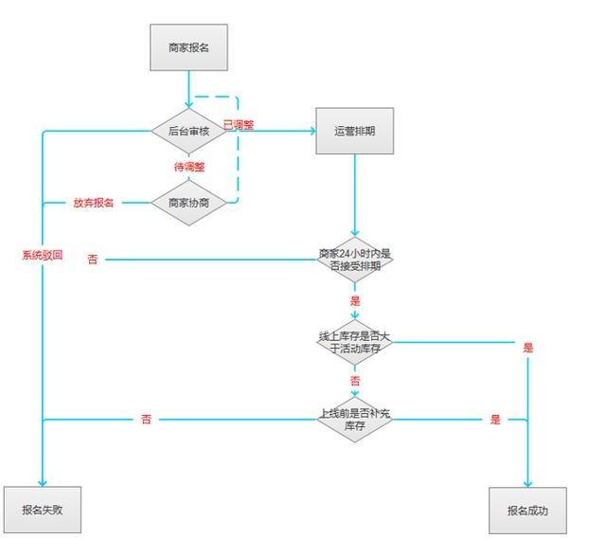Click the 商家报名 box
coord(189,47)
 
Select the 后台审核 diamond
coord(189,131)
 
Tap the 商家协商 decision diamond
coord(189,203)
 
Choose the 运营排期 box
coord(355,131)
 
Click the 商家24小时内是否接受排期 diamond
coord(355,259)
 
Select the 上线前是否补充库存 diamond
coord(355,419)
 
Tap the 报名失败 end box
coord(41,511)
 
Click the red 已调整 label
coord(239,124)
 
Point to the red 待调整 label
coord(189,167)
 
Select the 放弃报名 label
coord(94,203)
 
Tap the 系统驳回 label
coord(43,255)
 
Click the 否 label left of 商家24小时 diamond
coord(92,259)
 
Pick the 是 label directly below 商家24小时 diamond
coord(355,300)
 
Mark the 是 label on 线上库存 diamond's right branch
coord(527,348)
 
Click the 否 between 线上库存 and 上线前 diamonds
coord(355,381)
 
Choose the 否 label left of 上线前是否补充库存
coord(146,419)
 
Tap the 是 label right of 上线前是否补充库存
coord(494,419)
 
